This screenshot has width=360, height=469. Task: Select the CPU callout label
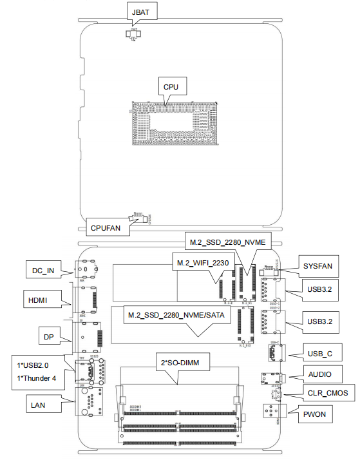(x=171, y=86)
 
